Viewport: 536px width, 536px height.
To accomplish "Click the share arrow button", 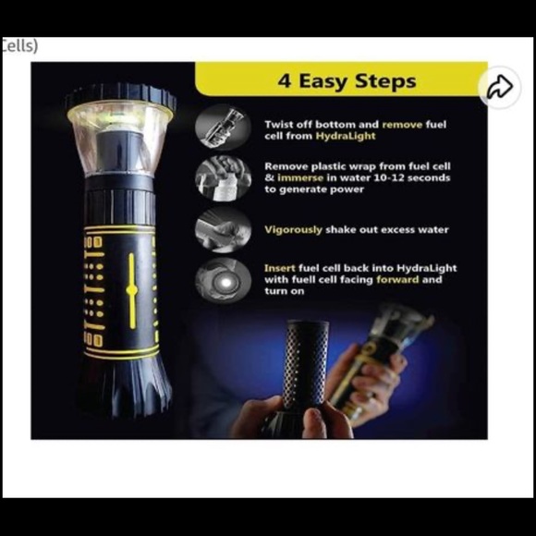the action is [x=499, y=87].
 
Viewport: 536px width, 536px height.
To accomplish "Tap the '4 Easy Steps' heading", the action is [x=347, y=81].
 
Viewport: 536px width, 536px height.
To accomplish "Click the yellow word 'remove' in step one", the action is [x=402, y=125].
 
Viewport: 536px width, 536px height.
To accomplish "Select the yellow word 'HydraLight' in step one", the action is [x=346, y=136].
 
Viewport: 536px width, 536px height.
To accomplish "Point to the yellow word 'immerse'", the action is [x=300, y=177].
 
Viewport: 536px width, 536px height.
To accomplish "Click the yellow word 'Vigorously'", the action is [x=293, y=230].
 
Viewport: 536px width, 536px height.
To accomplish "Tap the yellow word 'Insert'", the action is [x=280, y=268].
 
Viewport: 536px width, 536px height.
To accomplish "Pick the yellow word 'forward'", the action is [x=397, y=280].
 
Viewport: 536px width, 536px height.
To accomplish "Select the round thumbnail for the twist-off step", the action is [x=223, y=127].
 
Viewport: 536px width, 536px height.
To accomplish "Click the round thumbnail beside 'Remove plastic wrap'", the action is [x=223, y=178].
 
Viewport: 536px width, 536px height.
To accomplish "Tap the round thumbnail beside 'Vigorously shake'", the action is [x=223, y=229].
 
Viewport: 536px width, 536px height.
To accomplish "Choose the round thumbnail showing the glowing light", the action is [x=223, y=281].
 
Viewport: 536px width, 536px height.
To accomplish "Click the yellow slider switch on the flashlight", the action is [x=131, y=290].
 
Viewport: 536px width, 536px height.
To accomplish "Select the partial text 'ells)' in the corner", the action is [x=19, y=45].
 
